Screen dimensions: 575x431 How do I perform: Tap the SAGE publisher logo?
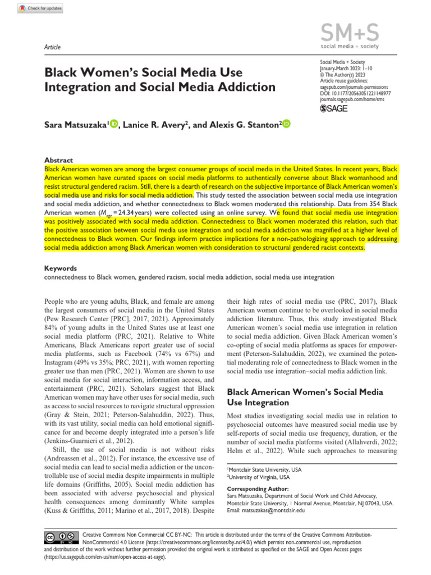click(x=334, y=108)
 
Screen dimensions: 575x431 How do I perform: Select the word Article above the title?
click(x=52, y=47)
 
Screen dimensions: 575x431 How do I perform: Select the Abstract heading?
click(x=58, y=160)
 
